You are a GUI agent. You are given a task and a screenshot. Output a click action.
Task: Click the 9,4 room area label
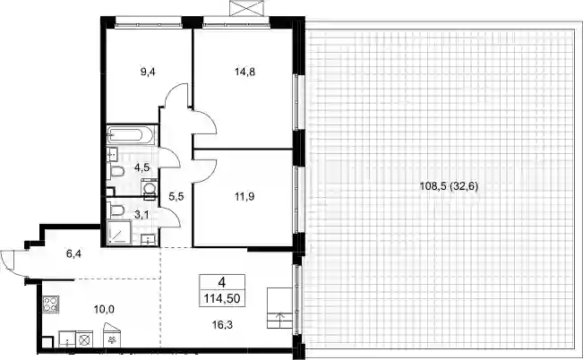[148, 72]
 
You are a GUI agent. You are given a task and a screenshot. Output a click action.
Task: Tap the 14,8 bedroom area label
[245, 72]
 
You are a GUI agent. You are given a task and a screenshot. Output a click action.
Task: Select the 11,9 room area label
[244, 196]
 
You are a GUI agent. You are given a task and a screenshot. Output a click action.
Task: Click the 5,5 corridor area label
[176, 196]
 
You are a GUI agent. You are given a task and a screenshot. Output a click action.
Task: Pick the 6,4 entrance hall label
[73, 254]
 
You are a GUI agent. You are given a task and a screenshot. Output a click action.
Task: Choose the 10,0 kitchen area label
[104, 309]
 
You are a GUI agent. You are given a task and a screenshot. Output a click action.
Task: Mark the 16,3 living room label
[222, 325]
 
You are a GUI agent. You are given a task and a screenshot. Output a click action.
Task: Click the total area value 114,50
[222, 298]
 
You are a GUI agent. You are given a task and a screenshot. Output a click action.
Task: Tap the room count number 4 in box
[222, 283]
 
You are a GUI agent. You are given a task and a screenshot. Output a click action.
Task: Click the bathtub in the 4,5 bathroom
[131, 134]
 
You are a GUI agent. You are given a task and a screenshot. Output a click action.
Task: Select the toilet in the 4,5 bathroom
[116, 172]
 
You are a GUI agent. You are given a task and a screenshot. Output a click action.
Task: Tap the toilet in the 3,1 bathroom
[116, 210]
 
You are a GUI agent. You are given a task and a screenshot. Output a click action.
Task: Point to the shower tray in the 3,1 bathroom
[119, 233]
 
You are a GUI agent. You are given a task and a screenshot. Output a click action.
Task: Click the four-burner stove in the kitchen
[50, 304]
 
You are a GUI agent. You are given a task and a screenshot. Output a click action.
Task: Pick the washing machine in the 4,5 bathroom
[149, 187]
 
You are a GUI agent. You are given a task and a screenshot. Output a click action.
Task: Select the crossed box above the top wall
[248, 8]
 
